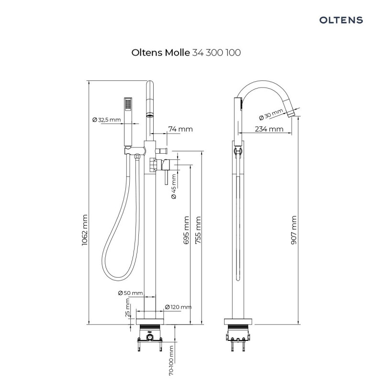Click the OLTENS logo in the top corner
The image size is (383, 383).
tap(341, 20)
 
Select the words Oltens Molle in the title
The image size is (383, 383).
tap(160, 53)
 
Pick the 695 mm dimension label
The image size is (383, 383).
tap(186, 230)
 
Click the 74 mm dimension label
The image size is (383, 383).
tap(180, 129)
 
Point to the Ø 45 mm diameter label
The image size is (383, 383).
tap(174, 186)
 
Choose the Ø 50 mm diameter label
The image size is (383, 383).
tap(130, 293)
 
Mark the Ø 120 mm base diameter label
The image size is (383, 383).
tap(178, 307)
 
